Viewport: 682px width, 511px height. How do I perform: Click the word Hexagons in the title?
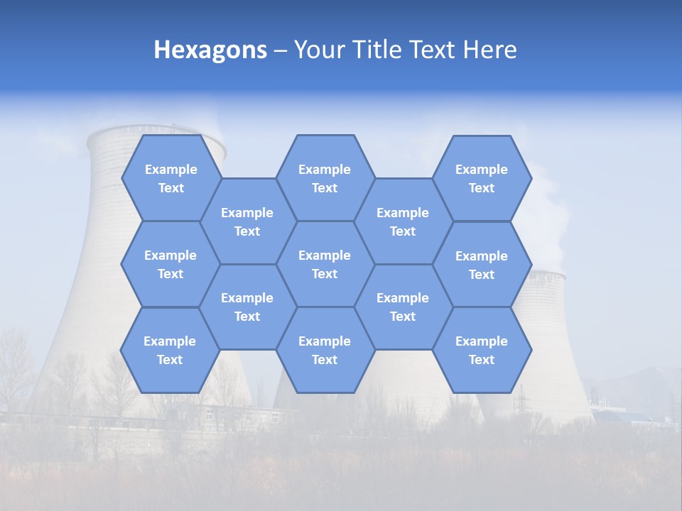210,50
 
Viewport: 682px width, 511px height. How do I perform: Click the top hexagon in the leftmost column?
170,178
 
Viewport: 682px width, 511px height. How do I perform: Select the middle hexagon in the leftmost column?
170,264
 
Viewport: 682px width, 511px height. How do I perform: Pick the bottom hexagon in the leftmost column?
170,350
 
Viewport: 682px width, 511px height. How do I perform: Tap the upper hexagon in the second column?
247,221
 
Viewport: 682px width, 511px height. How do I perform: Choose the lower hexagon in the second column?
247,307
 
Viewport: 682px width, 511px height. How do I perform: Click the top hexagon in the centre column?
325,178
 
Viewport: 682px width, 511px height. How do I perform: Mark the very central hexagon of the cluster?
325,264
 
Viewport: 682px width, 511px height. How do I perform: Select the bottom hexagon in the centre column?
325,350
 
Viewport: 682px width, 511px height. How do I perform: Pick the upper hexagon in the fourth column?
403,221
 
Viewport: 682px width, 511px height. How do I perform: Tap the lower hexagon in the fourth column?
403,307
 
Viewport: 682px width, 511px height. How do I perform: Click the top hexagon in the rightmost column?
482,178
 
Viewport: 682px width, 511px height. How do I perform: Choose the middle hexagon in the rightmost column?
482,265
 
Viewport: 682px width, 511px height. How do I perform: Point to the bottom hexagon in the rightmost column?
482,350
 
